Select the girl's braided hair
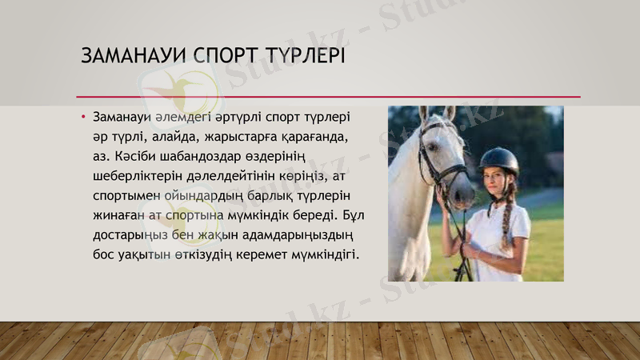click(x=506, y=217)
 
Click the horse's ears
click(x=436, y=113)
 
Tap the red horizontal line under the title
click(x=328, y=97)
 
